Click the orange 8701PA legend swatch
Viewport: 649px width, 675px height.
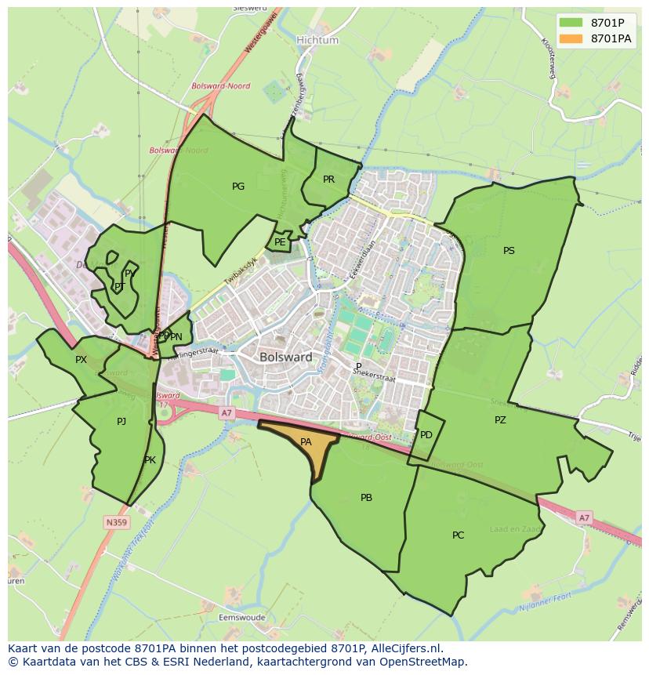tap(571, 38)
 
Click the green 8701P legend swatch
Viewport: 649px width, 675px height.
tap(571, 23)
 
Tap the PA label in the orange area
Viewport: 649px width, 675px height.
tap(306, 442)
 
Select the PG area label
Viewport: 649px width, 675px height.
tap(238, 187)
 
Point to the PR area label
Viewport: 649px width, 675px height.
tap(328, 180)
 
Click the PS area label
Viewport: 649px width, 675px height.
tap(509, 251)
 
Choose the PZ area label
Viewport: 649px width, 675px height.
tap(500, 420)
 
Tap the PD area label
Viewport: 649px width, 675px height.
tap(426, 434)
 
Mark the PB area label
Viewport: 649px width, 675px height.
tap(366, 498)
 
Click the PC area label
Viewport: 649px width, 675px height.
tap(458, 535)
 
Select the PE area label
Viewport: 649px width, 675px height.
tap(280, 242)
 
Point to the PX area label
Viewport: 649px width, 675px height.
tap(81, 360)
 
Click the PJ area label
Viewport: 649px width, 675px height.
tap(121, 422)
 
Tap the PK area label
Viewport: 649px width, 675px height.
tap(150, 460)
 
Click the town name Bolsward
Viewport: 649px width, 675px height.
tap(285, 357)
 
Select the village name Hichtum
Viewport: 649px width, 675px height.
tap(317, 40)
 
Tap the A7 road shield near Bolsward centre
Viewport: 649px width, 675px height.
tap(227, 412)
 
